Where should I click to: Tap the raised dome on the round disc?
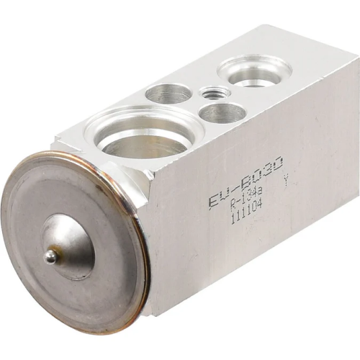[68, 245]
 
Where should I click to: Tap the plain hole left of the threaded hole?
[168, 94]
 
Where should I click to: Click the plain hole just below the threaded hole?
[222, 112]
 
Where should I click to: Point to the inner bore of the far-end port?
[254, 76]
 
